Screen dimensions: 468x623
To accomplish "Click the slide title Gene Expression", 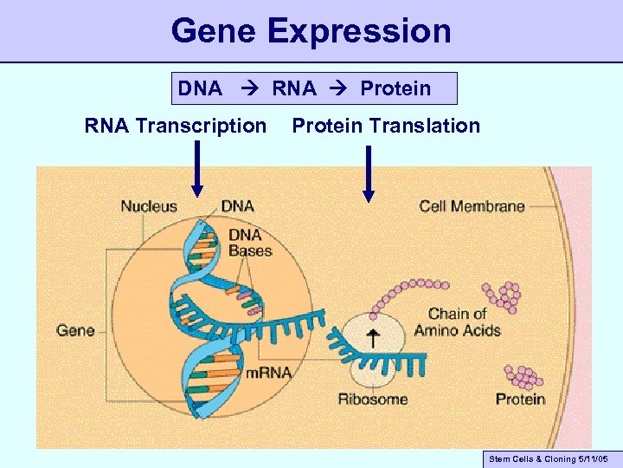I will point(311,31).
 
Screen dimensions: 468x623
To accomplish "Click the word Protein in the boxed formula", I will point(395,88).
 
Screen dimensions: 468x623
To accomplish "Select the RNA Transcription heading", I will point(176,127).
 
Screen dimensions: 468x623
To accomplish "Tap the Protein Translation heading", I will point(386,127).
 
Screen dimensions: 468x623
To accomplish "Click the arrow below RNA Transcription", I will point(197,170).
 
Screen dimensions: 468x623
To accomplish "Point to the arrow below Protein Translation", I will point(369,173).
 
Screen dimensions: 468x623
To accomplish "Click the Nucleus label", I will point(149,206).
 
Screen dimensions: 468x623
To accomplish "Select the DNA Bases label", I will point(250,243).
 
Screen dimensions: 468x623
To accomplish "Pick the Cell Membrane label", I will point(472,206).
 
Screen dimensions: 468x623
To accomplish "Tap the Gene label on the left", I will point(75,330).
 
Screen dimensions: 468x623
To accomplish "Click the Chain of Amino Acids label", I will point(457,322).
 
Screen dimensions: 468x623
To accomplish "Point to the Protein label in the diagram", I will point(520,400).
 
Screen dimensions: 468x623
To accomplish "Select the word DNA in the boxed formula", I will point(200,88).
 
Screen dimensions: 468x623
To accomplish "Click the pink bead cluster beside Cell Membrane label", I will point(502,296).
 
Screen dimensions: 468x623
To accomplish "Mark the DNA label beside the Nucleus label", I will point(237,206).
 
